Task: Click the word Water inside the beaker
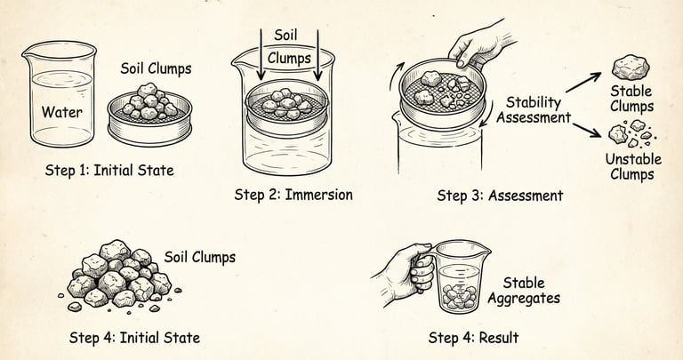(62, 112)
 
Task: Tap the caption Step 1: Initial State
(109, 170)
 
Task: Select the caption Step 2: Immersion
(293, 194)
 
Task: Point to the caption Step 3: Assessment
(500, 196)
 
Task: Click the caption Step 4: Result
(473, 338)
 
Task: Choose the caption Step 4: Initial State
(134, 338)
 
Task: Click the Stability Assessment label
(534, 110)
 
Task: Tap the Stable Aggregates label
(524, 291)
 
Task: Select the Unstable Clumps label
(633, 167)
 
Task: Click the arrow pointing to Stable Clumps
(583, 83)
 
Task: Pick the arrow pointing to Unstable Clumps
(587, 130)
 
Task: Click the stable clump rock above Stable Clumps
(631, 67)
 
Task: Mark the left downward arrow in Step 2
(261, 55)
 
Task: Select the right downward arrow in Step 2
(318, 55)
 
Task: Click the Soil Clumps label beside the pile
(200, 257)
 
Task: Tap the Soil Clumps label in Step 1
(156, 68)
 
